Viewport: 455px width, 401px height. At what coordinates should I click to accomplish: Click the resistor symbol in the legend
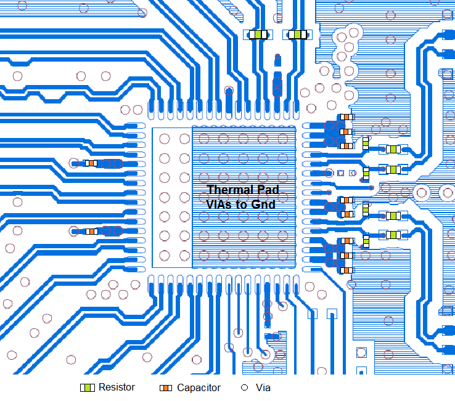point(88,387)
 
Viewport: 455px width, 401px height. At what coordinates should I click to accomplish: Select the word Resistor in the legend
point(117,387)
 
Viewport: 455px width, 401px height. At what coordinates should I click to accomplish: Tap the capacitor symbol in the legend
point(166,388)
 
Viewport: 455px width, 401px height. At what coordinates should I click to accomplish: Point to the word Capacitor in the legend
point(199,388)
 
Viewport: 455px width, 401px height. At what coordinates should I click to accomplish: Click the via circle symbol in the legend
point(244,388)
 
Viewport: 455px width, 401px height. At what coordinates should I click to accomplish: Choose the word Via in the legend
point(263,388)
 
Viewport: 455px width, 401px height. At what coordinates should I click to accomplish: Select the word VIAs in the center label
point(219,203)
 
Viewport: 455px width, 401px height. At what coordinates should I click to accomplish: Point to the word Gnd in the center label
point(261,203)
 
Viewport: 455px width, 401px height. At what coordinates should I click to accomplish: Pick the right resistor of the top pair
point(298,35)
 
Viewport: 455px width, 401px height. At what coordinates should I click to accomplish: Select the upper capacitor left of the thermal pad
point(91,163)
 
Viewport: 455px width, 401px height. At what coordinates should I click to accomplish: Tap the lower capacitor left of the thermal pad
point(91,231)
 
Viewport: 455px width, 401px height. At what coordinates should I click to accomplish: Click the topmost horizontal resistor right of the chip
point(393,149)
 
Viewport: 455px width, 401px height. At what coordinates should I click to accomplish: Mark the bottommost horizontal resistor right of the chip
point(393,235)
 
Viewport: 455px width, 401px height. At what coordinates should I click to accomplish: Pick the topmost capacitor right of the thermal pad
point(347,117)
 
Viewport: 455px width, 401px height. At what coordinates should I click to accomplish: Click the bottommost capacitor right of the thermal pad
point(347,269)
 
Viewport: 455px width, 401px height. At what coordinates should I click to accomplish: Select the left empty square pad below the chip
point(313,314)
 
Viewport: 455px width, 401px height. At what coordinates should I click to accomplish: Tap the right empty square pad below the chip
point(331,314)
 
